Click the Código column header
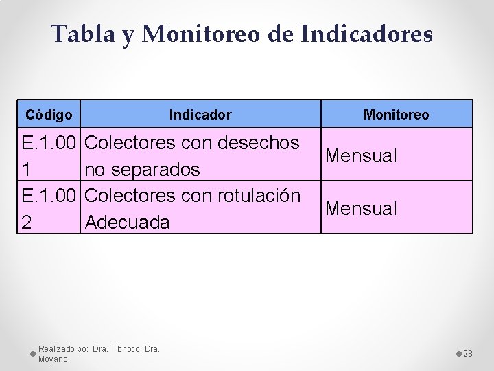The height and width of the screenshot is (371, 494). [x=49, y=114]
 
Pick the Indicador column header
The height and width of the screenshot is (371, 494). [x=200, y=115]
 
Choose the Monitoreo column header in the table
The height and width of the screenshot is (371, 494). [x=396, y=115]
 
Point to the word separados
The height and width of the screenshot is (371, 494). [x=156, y=169]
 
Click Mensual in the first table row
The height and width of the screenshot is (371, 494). [x=361, y=156]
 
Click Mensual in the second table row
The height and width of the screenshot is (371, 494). [x=361, y=208]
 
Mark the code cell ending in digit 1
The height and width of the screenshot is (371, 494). [x=48, y=155]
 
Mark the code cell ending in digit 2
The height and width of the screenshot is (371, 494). [x=48, y=208]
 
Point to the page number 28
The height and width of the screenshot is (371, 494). [x=469, y=354]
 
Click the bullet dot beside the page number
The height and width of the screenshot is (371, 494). [x=458, y=353]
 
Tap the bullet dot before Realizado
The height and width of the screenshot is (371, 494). [x=33, y=353]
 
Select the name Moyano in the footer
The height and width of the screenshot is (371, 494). [x=53, y=359]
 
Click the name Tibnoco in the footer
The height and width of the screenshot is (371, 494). [x=123, y=349]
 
